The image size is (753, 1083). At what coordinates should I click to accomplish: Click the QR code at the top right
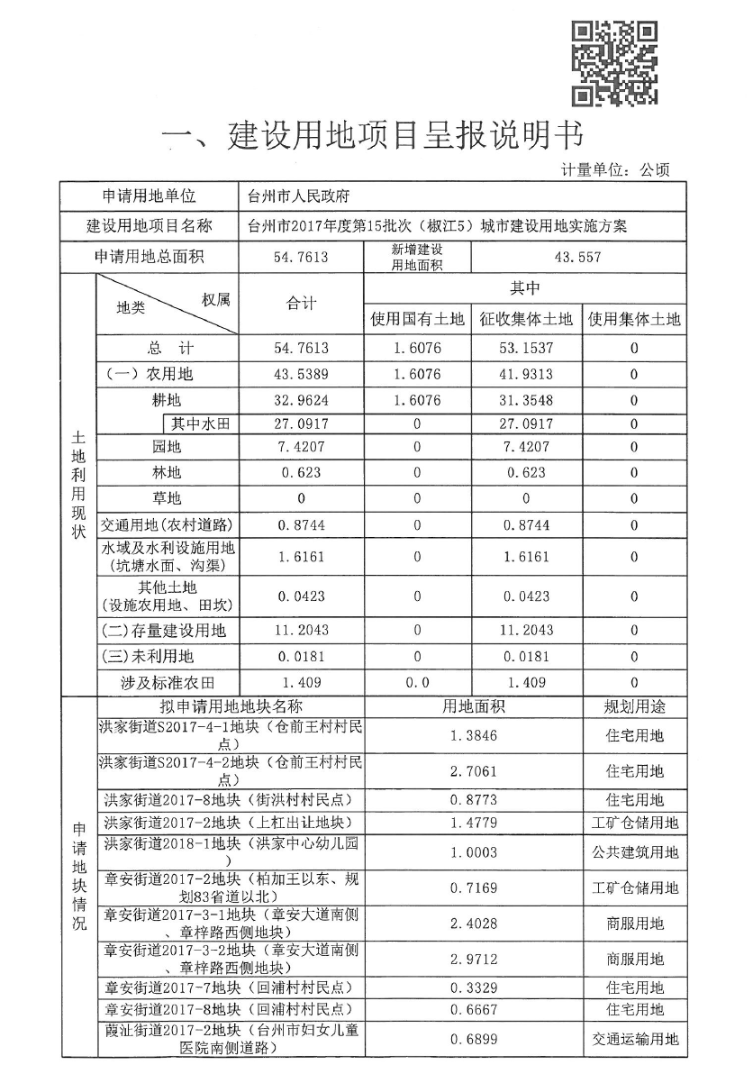coord(615,61)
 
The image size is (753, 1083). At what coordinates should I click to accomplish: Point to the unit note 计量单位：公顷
coord(615,169)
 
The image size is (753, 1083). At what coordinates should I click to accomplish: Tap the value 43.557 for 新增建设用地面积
coord(577,257)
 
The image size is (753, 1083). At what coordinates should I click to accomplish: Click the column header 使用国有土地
coord(417,319)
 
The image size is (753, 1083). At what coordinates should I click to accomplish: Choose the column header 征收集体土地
coord(526,319)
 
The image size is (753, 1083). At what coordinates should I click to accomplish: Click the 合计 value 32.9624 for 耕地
coord(301,399)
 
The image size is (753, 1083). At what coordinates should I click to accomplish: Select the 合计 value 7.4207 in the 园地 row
coord(301,448)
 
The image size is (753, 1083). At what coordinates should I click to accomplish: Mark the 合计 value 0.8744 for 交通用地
coord(301,523)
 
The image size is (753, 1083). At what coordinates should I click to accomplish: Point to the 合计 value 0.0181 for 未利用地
coord(301,657)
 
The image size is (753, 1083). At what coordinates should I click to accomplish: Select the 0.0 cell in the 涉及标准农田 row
coord(417,683)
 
